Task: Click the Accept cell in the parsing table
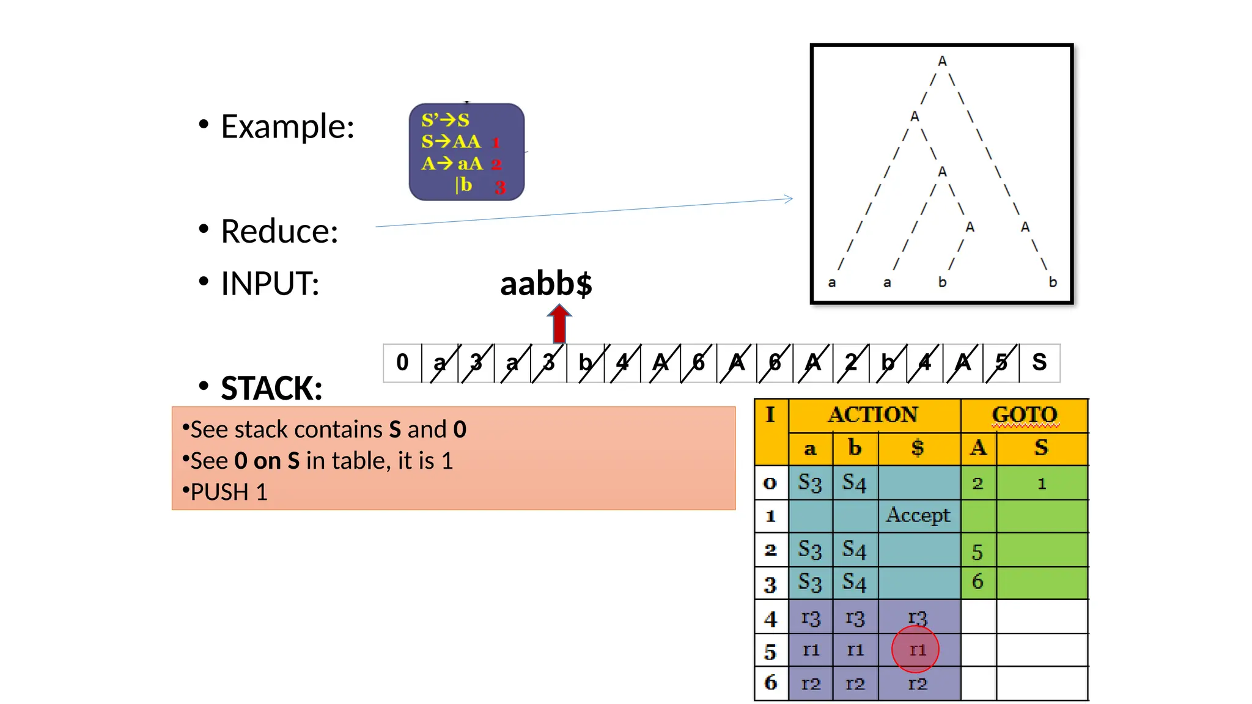point(918,515)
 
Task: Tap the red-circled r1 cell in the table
point(916,650)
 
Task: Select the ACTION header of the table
point(873,415)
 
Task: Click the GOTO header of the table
point(1025,415)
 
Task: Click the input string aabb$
point(546,284)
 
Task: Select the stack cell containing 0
point(402,362)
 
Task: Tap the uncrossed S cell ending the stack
point(1039,362)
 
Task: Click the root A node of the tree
point(942,61)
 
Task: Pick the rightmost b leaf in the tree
point(1053,282)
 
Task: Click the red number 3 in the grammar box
point(500,187)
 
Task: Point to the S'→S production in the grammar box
point(445,120)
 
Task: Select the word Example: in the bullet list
point(287,127)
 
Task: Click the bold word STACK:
point(271,388)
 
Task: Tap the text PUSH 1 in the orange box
point(229,492)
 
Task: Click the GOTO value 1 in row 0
point(1042,483)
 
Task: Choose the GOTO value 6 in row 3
point(978,581)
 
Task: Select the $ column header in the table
point(918,448)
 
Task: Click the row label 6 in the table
point(771,683)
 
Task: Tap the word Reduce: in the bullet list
point(279,231)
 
